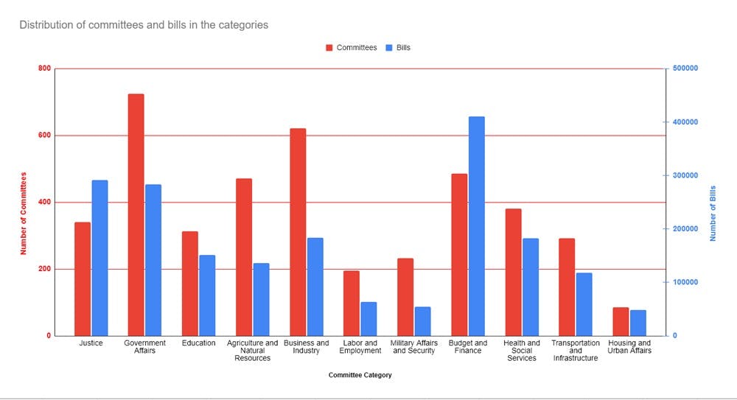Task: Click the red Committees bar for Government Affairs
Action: click(136, 214)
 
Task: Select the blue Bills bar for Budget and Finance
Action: click(477, 226)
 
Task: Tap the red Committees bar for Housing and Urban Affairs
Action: click(621, 321)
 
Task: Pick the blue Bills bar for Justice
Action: click(99, 258)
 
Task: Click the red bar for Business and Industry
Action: click(298, 232)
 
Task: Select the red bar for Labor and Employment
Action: click(352, 303)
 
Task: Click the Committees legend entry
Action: click(351, 48)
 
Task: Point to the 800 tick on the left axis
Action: click(45, 69)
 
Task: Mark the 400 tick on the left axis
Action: click(45, 202)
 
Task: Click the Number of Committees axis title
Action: click(23, 213)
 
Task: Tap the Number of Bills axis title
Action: click(713, 213)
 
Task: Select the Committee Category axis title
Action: click(360, 376)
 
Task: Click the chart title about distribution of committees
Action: click(144, 25)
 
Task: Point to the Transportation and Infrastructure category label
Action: click(576, 351)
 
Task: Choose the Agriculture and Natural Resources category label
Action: click(253, 351)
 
